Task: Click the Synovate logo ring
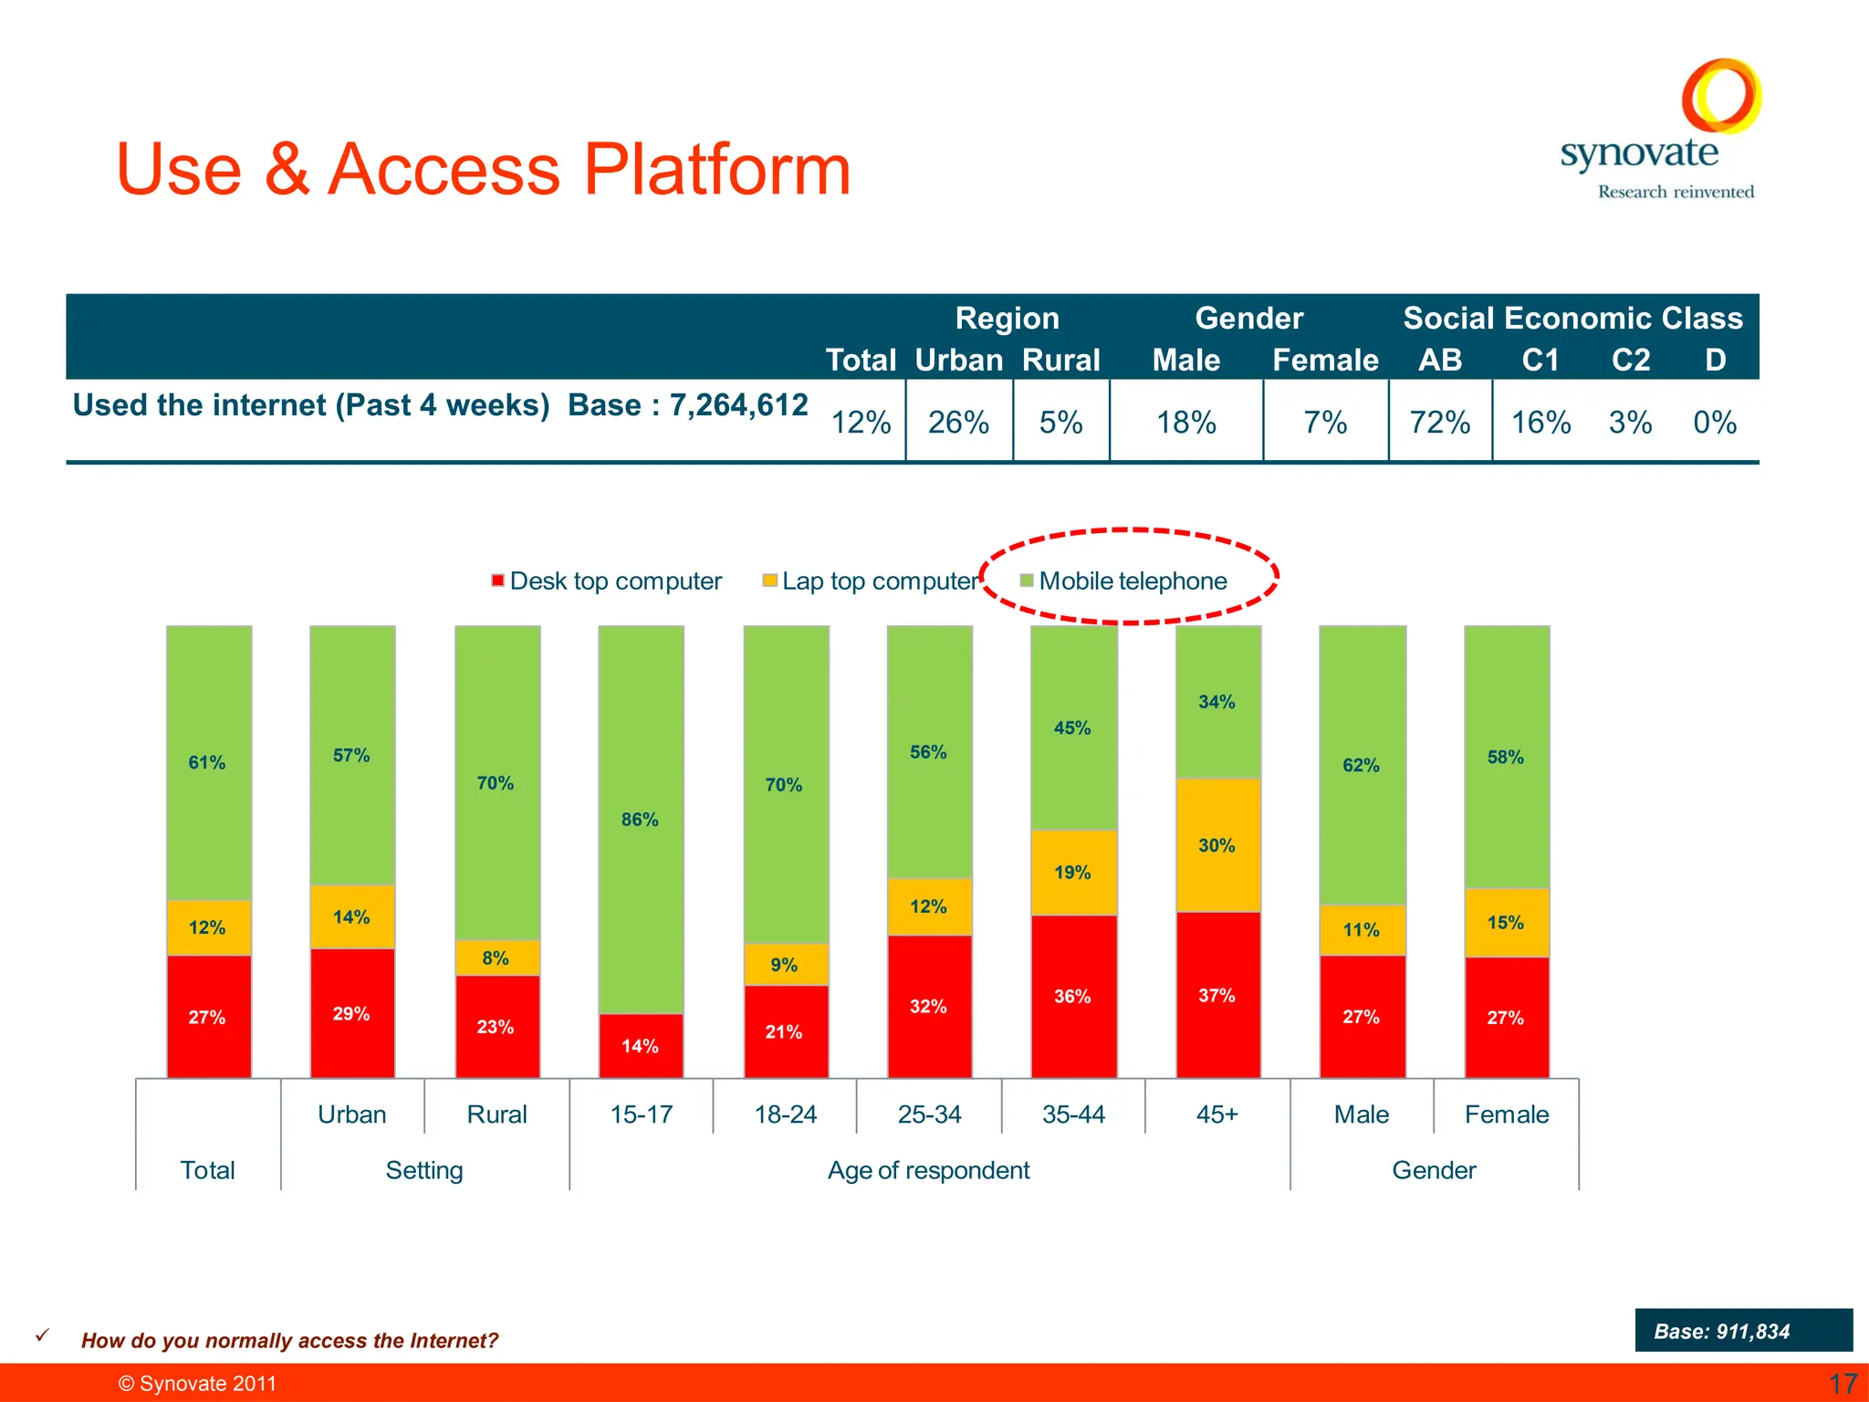(x=1721, y=95)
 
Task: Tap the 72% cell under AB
(x=1439, y=423)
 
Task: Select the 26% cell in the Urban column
(x=958, y=423)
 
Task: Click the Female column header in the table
(x=1325, y=361)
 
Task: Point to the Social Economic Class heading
(x=1572, y=318)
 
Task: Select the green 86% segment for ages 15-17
(x=641, y=819)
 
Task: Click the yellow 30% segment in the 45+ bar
(x=1217, y=845)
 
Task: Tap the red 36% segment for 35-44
(x=1073, y=996)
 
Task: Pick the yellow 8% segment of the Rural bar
(x=496, y=958)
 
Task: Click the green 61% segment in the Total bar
(x=208, y=762)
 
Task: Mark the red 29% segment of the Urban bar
(x=352, y=1013)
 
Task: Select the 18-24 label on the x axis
(x=785, y=1114)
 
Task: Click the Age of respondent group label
(x=928, y=1170)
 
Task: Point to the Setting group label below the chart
(x=424, y=1170)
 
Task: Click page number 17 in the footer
(x=1843, y=1384)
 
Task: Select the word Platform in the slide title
(x=716, y=170)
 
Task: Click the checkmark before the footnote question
(x=42, y=1334)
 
